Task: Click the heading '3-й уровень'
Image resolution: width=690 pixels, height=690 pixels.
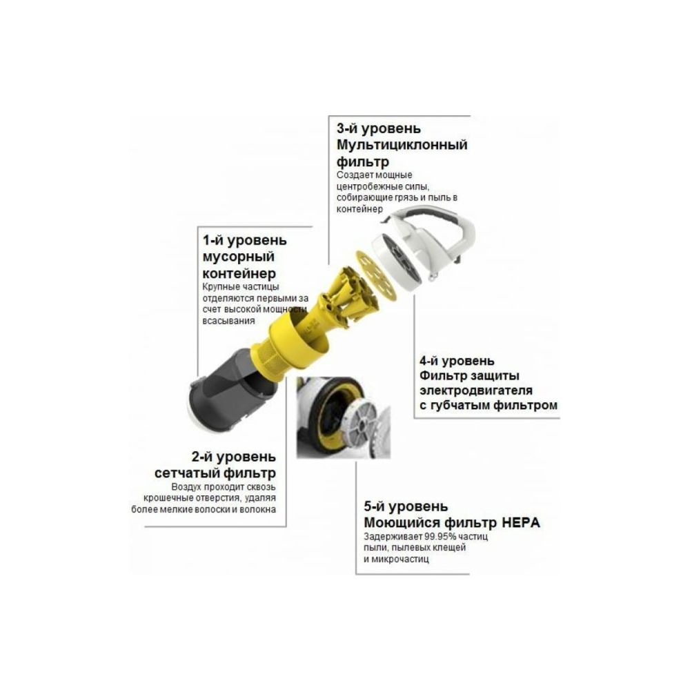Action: (378, 129)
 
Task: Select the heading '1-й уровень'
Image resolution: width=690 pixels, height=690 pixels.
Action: (235, 241)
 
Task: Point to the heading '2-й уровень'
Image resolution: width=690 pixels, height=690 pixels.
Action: (234, 457)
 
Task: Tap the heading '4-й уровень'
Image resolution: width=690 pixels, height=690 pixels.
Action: (457, 361)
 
